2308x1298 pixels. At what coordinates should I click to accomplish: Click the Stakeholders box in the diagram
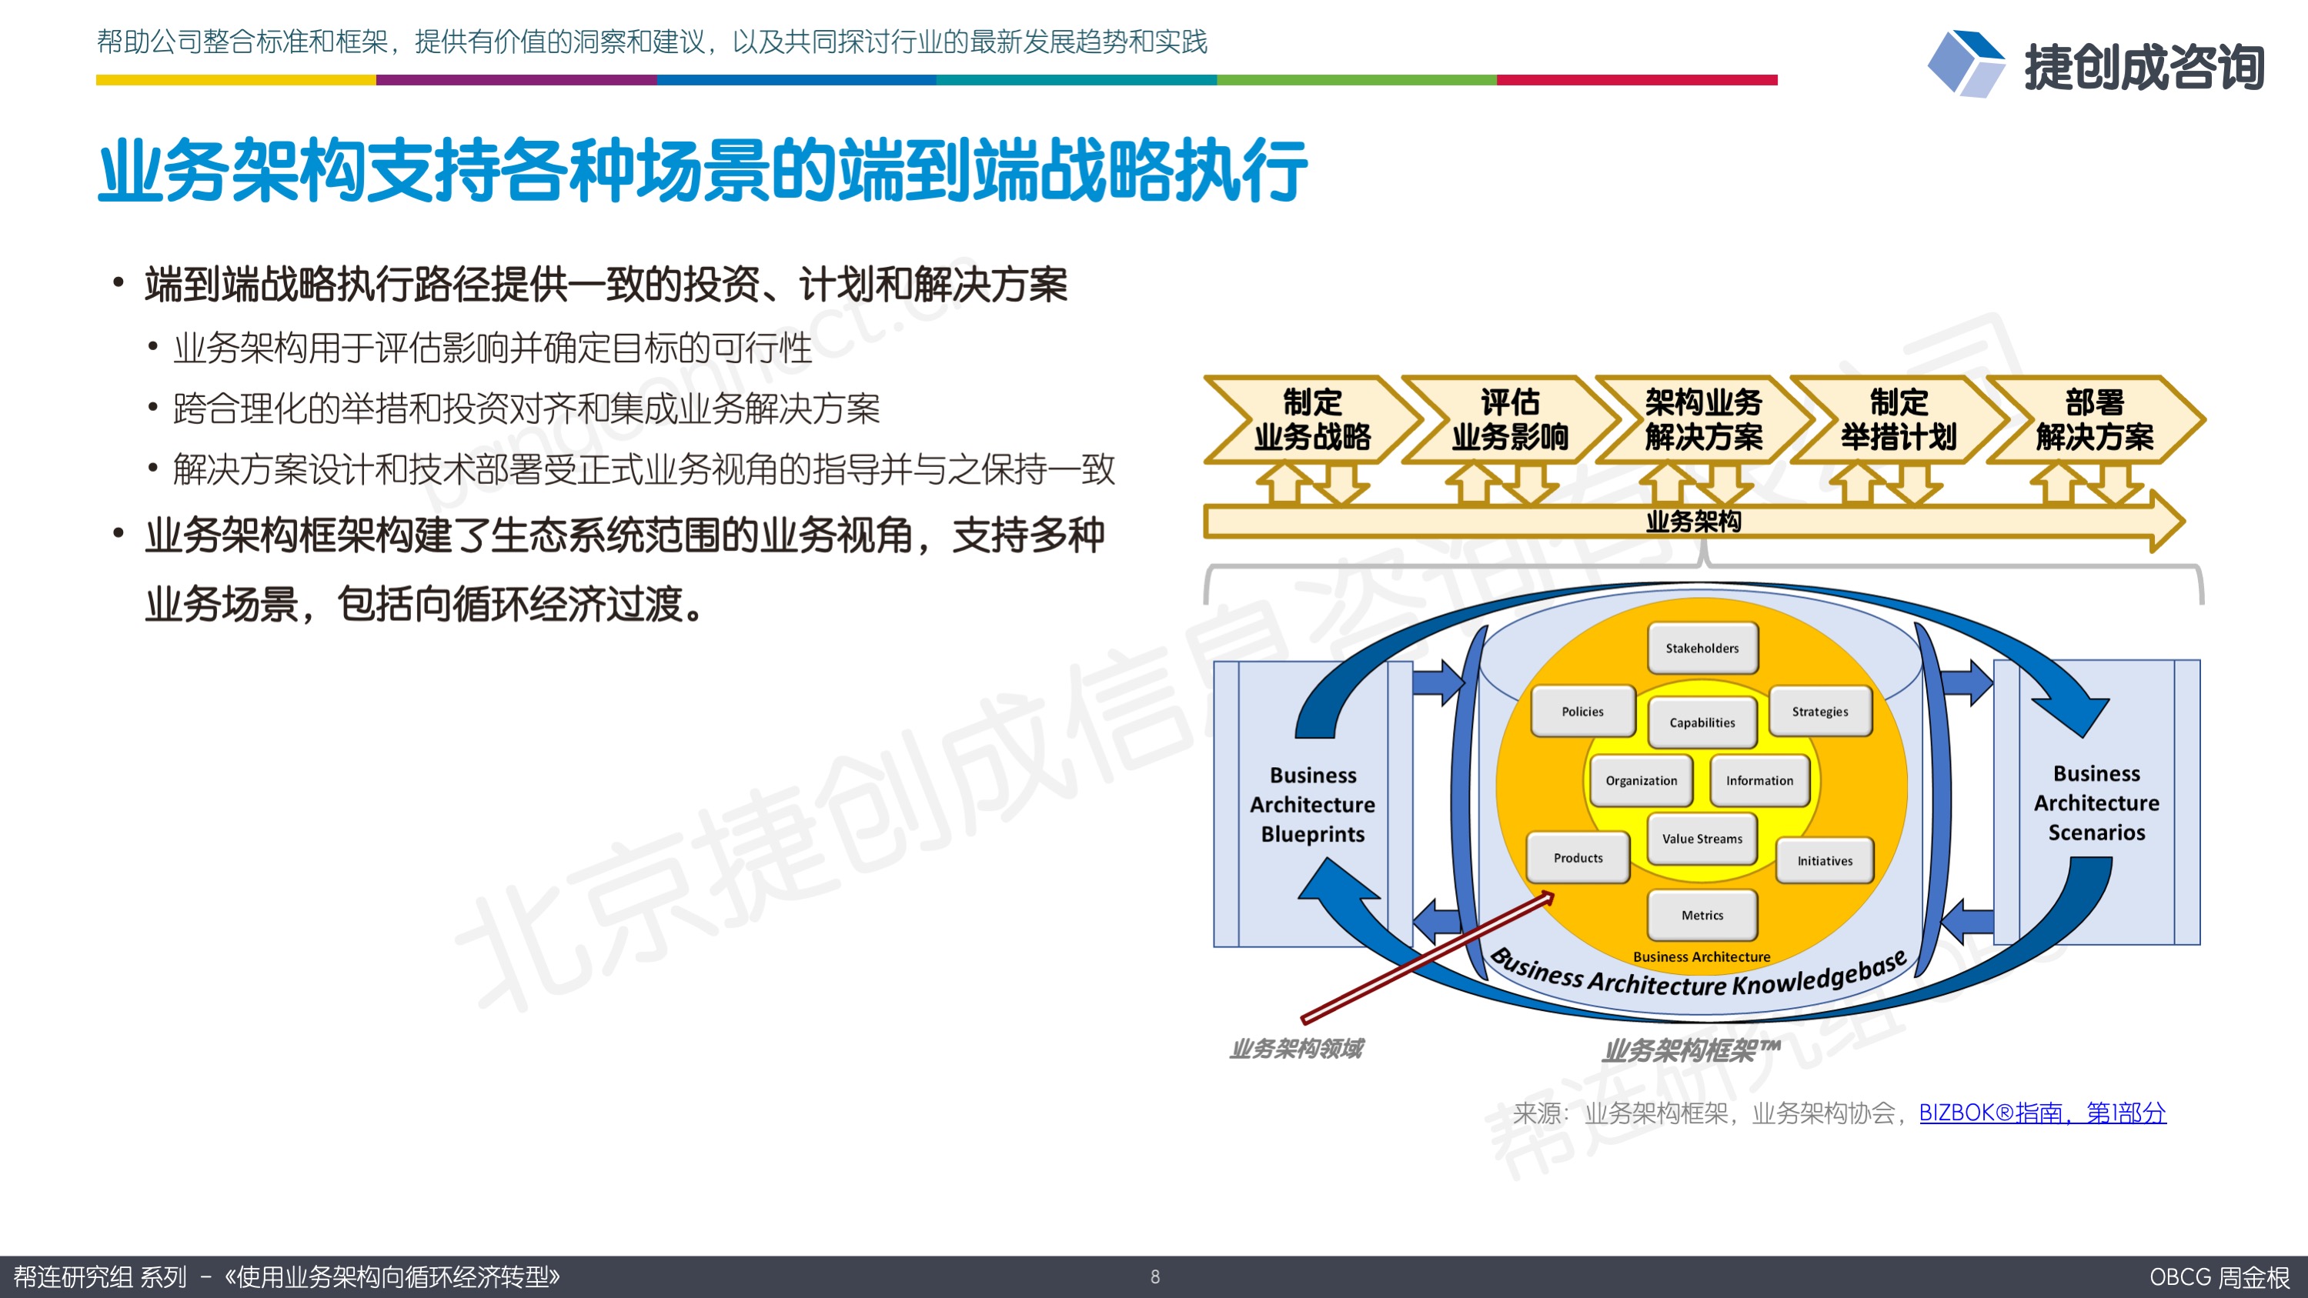click(1702, 648)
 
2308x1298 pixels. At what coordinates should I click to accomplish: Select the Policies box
click(1582, 711)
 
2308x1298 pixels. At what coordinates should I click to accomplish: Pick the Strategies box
click(1820, 711)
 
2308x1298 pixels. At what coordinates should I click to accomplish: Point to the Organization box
click(1641, 780)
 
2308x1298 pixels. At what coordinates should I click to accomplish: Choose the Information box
click(1760, 780)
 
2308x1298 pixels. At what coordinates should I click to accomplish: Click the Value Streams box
click(1702, 839)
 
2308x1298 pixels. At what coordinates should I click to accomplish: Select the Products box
click(1578, 858)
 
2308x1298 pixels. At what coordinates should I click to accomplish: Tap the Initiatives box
click(1824, 861)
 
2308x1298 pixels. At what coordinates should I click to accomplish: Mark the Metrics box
click(1702, 916)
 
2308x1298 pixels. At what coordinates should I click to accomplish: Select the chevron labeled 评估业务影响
click(1510, 419)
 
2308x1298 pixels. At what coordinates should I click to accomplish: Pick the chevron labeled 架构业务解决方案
click(1703, 419)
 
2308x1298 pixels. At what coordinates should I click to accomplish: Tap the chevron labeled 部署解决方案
click(2095, 419)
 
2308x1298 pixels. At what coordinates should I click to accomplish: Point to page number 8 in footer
click(1155, 1276)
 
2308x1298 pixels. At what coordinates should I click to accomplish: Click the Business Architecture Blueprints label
click(1313, 804)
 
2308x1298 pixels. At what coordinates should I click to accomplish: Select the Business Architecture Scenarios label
click(2096, 802)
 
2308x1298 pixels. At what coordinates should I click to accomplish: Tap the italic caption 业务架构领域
click(1297, 1048)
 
